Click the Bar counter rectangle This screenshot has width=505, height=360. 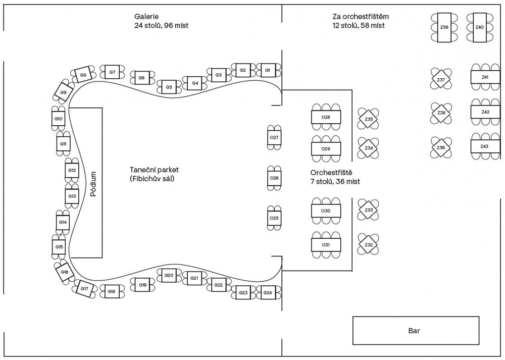pos(415,331)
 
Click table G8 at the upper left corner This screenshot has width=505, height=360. pos(83,75)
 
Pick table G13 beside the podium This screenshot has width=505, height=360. pos(72,196)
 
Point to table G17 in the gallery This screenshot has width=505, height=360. pos(84,289)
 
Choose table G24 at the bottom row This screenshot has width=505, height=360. pos(268,292)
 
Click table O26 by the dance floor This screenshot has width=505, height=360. pos(274,178)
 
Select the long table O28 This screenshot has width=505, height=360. pos(326,117)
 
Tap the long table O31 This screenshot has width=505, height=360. pos(326,245)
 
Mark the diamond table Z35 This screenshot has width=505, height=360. pos(369,119)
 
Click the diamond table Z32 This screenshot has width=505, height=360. pos(369,245)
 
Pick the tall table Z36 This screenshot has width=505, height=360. pos(444,27)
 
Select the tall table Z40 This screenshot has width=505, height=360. pos(480,27)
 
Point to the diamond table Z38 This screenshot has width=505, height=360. pos(441,113)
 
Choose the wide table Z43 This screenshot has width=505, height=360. pos(484,146)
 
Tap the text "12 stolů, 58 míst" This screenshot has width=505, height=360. pos(358,25)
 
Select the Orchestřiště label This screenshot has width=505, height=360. pos(331,173)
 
